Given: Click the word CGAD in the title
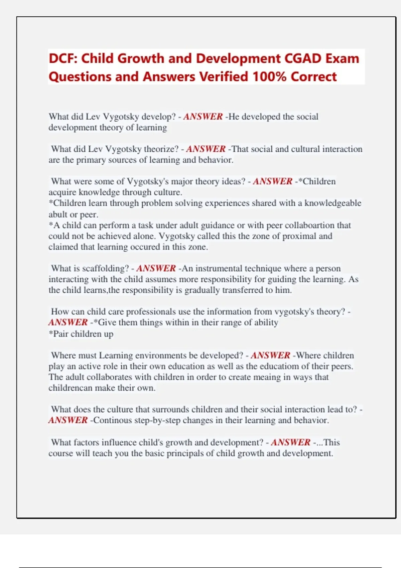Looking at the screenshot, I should coord(302,58).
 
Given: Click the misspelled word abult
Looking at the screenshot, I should coord(57,214).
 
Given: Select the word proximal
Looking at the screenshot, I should coord(299,236).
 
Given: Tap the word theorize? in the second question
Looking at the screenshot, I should coord(161,149).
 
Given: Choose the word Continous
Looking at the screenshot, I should coord(113,420).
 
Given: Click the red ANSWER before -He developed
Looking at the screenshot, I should coord(203,117).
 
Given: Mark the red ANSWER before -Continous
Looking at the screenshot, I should coord(68,420).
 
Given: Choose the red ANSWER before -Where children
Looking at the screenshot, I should coord(270,355).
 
